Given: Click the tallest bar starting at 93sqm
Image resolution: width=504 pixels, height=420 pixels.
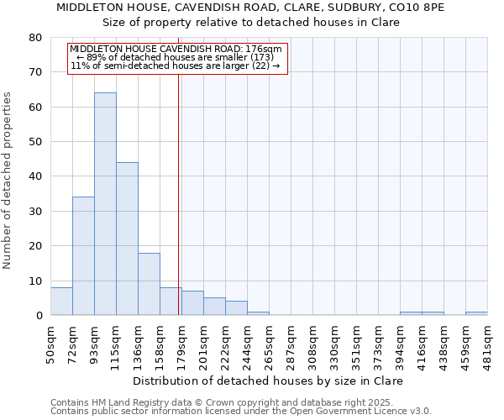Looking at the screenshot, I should tap(105, 204).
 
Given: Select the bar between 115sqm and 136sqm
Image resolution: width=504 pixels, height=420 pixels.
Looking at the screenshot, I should tap(127, 239).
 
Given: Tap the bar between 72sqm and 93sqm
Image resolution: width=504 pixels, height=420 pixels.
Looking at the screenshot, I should tap(83, 256).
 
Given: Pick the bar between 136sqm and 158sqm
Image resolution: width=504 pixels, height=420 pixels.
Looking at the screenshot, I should tap(149, 284).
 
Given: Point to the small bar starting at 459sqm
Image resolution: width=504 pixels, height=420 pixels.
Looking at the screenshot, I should tap(476, 313).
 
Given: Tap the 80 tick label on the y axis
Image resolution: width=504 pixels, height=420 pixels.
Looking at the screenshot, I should tap(35, 38).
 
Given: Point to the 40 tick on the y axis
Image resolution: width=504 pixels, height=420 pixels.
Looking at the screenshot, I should tap(35, 176).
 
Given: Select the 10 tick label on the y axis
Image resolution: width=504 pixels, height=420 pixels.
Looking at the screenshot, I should tap(35, 281).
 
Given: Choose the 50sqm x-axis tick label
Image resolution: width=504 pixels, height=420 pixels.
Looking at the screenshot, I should tap(51, 343).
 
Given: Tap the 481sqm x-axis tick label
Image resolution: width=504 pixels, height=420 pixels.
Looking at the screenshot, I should tap(488, 343).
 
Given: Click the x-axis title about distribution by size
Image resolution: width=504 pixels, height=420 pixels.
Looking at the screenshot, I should tap(268, 381).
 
